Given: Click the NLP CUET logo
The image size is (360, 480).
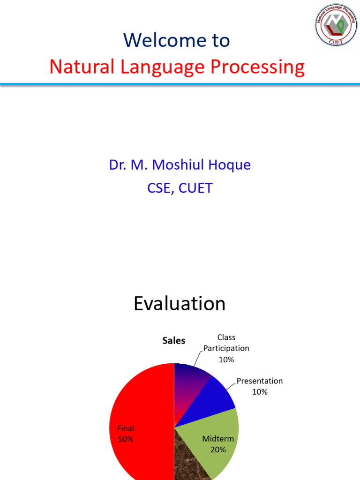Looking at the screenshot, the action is click(x=336, y=25).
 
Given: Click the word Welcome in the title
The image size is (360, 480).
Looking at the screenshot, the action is click(x=165, y=40).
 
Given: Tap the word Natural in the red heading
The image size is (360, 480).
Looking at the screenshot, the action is click(x=82, y=67).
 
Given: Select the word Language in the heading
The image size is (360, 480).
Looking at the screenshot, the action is click(x=162, y=67).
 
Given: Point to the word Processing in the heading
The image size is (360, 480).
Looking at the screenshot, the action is click(x=258, y=67).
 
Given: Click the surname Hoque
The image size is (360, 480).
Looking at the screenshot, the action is click(x=230, y=165).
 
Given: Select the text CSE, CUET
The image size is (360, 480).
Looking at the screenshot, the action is click(x=180, y=188).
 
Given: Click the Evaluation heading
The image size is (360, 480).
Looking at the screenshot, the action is click(x=180, y=303).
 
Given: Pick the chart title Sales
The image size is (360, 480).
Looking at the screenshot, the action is click(x=173, y=340).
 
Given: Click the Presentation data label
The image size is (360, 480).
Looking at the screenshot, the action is click(x=260, y=386).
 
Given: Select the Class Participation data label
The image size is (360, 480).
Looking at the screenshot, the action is click(x=226, y=348).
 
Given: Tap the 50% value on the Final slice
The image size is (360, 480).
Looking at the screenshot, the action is click(x=126, y=439).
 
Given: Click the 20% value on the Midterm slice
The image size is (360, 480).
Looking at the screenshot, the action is click(x=218, y=450).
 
